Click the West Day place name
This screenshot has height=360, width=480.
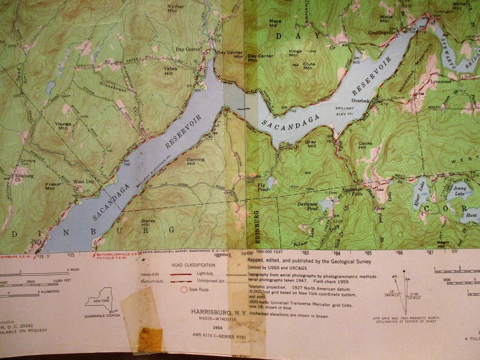point(83,181)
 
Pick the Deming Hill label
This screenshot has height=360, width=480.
point(195,161)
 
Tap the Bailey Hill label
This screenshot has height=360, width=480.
point(149,223)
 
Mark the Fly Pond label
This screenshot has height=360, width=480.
point(262,185)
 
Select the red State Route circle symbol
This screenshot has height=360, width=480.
point(184,290)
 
